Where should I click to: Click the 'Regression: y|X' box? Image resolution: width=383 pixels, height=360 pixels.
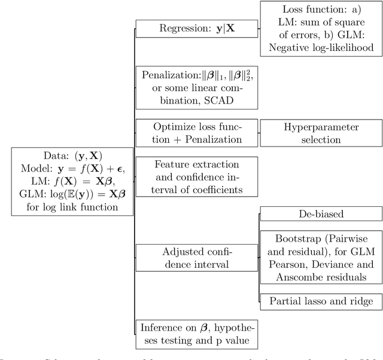click(x=197, y=28)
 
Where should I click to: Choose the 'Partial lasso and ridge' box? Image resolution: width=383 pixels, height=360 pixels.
click(x=320, y=301)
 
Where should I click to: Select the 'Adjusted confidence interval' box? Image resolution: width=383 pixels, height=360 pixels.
click(x=197, y=258)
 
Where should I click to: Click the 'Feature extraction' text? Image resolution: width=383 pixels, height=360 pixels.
click(x=197, y=164)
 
